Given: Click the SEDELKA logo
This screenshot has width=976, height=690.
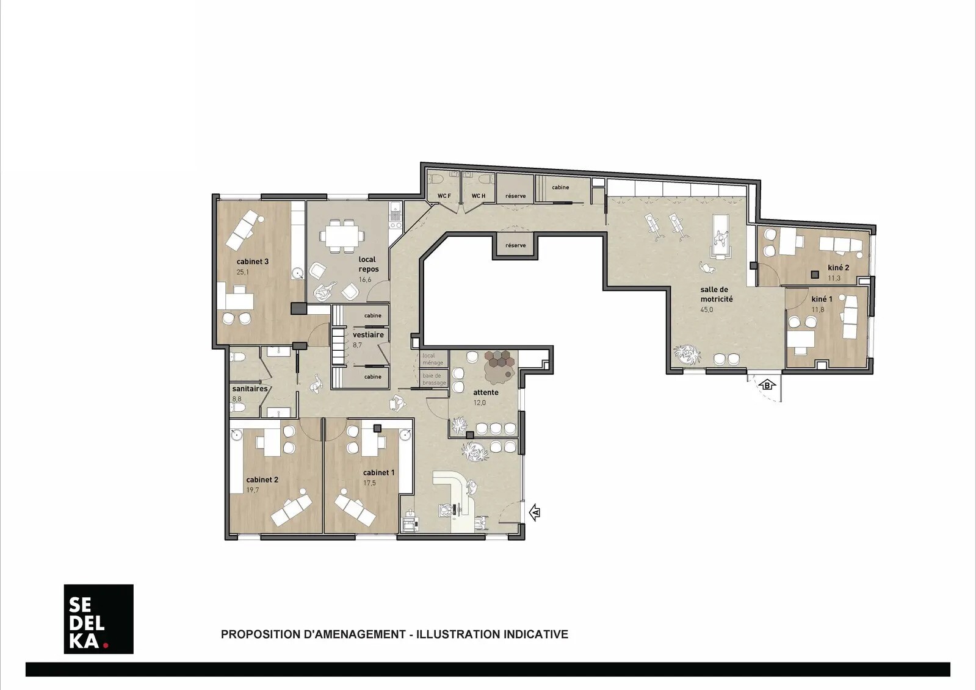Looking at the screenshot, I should (98, 619).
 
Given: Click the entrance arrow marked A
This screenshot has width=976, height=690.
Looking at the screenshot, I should (534, 512).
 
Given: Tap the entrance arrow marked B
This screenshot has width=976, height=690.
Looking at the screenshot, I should (767, 385).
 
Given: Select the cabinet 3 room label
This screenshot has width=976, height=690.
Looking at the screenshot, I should (253, 261).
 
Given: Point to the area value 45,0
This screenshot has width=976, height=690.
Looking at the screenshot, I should (706, 310).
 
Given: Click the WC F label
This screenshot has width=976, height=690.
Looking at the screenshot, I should (444, 196).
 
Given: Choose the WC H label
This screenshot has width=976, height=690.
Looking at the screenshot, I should (478, 196).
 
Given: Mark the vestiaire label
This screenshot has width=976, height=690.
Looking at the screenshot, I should (368, 335).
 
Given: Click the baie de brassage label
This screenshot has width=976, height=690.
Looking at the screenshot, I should (435, 379).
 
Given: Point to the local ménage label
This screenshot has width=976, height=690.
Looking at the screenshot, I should (433, 359).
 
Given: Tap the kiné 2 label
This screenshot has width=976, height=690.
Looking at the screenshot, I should (838, 267).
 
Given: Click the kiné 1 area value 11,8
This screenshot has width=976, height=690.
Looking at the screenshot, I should (818, 309).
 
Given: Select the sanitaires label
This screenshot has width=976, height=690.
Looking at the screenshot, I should (250, 389).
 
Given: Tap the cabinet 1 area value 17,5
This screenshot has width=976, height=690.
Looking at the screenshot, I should (369, 483).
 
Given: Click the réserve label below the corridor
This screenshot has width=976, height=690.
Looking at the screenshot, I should (515, 245).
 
